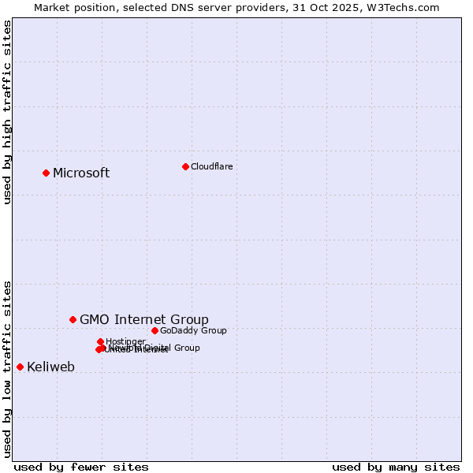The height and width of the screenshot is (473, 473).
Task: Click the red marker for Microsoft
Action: pos(46,173)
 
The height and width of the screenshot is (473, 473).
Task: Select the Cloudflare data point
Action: pos(185,166)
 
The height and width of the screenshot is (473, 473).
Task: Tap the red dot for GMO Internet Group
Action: pos(73,319)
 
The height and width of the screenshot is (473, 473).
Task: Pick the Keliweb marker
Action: pos(20,367)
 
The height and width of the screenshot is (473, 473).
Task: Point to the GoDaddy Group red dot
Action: pos(155,330)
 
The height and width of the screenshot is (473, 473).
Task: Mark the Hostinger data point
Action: pos(100,341)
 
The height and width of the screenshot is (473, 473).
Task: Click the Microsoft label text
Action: pos(81,173)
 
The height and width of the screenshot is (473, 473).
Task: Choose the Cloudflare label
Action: pos(211,166)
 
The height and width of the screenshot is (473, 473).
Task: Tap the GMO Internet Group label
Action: pos(144,319)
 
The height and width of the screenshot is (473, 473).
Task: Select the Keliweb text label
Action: pos(50,367)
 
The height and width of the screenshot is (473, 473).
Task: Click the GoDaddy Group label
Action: pos(193,330)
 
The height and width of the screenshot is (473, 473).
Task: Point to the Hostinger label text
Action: pos(125,341)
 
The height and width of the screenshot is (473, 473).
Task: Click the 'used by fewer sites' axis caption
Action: pos(81,467)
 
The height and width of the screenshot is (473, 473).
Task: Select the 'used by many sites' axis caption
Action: pos(396,467)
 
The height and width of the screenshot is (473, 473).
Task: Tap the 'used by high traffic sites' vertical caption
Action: pos(7,112)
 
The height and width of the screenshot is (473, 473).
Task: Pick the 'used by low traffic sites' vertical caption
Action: pos(7,368)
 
